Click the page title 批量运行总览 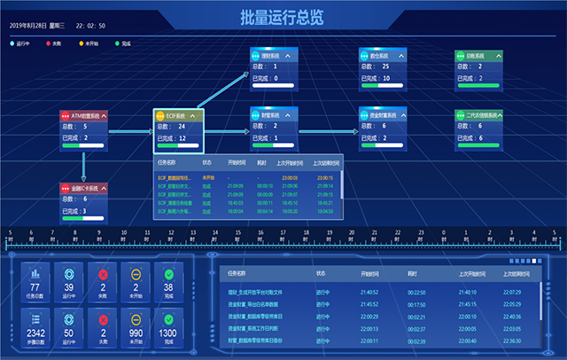coord(283,17)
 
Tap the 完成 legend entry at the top coord(123,42)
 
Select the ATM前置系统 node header coord(83,116)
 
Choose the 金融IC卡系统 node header coord(83,188)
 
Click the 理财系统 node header coord(275,56)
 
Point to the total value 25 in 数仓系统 coord(385,67)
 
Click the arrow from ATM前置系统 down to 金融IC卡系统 coord(84,165)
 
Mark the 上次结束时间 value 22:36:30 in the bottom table coord(512,340)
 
